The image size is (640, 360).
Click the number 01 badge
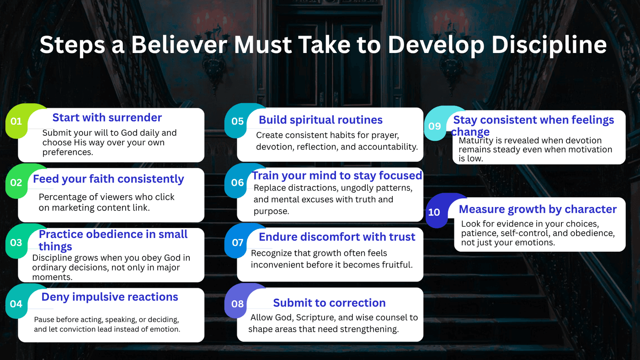[16, 122]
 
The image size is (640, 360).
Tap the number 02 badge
[16, 182]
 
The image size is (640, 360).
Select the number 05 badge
[238, 122]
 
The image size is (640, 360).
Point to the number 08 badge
[238, 304]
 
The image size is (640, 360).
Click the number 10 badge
[434, 212]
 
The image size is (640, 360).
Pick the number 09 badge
[435, 126]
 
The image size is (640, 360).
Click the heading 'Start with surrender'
[107, 117]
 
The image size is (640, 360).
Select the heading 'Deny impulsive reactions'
[110, 297]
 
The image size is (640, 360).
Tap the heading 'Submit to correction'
[330, 302]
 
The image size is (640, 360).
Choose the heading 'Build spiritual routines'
[320, 120]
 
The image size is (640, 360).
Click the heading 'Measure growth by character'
[538, 209]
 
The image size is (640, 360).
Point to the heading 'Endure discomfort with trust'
[337, 237]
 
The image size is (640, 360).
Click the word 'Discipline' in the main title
[549, 45]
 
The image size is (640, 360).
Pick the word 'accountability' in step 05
[388, 147]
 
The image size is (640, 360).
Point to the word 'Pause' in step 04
[43, 319]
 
